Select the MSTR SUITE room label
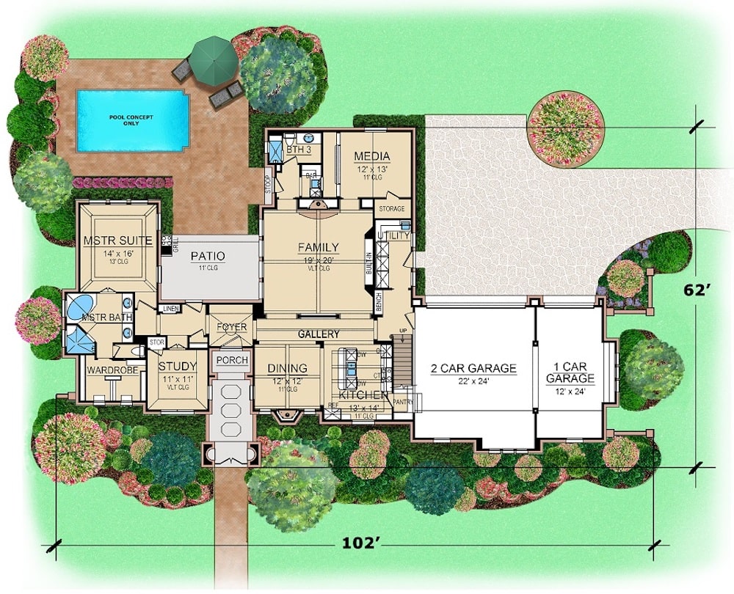click(117, 241)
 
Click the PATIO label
click(207, 256)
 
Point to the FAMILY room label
click(318, 247)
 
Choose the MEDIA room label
click(371, 156)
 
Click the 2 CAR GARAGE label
click(474, 368)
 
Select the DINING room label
click(286, 369)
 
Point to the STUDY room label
click(177, 367)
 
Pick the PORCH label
click(231, 361)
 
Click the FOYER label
click(231, 327)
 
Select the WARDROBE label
click(109, 370)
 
